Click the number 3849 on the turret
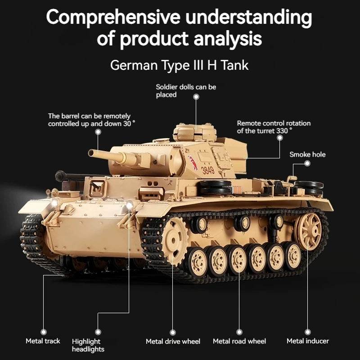pyautogui.click(x=208, y=170)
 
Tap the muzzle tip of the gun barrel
pyautogui.click(x=91, y=153)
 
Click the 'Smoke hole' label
pyautogui.click(x=307, y=154)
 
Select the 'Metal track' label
pyautogui.click(x=43, y=341)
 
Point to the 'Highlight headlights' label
pyautogui.click(x=88, y=345)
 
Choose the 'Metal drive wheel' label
pyautogui.click(x=173, y=342)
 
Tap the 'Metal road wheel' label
pyautogui.click(x=239, y=342)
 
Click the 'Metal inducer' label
pyautogui.click(x=308, y=341)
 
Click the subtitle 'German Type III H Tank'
pyautogui.click(x=179, y=65)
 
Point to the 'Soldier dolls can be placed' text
pyautogui.click(x=186, y=90)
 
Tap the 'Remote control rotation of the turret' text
pyautogui.click(x=274, y=126)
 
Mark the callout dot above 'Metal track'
pyautogui.click(x=44, y=332)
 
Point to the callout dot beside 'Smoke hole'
pyautogui.click(x=307, y=163)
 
